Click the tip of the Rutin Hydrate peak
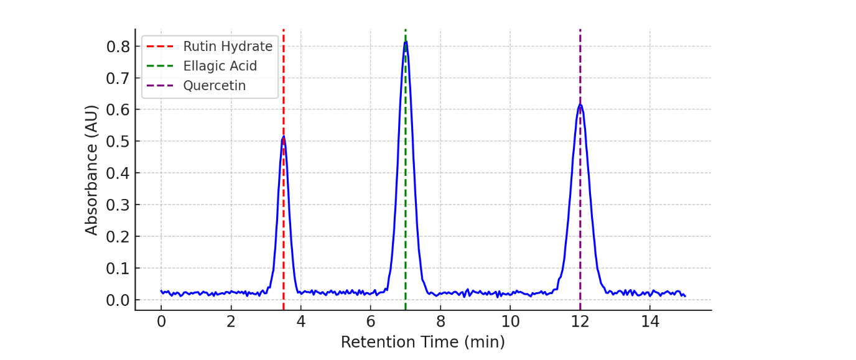(283, 137)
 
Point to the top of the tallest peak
(406, 42)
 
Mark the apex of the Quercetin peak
(580, 104)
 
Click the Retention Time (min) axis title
(422, 342)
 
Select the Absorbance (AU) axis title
(92, 170)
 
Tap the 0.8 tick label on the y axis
(118, 47)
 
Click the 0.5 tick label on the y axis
(118, 141)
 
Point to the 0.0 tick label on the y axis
(118, 300)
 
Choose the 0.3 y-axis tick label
(118, 205)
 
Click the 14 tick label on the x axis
(650, 321)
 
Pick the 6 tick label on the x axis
(371, 321)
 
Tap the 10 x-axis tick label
(510, 321)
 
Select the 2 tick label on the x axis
(231, 321)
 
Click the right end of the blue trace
(685, 296)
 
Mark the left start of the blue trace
(161, 291)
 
